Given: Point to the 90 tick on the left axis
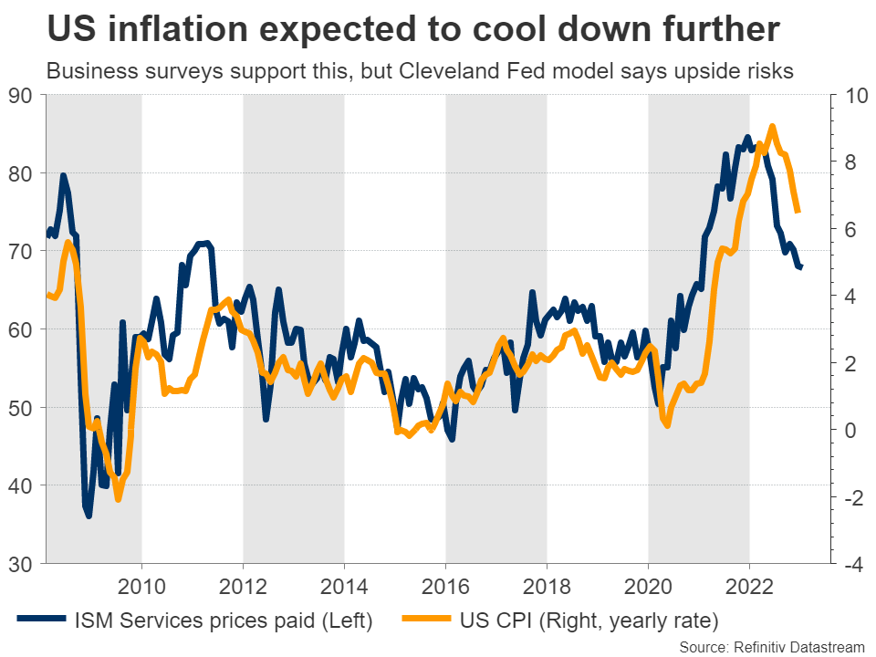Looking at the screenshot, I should tap(20, 95).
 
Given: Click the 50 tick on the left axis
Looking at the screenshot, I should tap(20, 408).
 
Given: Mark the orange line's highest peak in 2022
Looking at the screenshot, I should tap(773, 127).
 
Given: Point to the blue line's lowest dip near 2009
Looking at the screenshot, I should tap(89, 516).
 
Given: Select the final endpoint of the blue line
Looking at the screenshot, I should tap(801, 266).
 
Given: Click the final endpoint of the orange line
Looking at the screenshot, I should tap(798, 212).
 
